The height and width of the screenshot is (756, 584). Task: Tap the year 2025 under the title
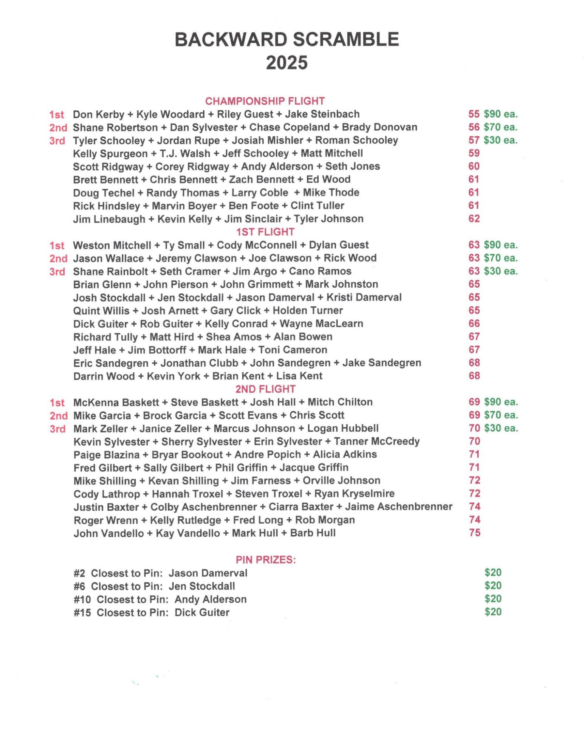(287, 63)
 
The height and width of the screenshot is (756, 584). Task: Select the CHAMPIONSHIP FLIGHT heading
(265, 101)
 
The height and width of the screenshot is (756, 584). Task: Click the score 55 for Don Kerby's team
(474, 114)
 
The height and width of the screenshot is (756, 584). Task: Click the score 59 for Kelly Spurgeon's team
(474, 153)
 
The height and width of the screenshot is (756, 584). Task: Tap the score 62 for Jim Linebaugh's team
(474, 218)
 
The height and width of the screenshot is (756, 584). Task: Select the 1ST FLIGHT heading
(265, 232)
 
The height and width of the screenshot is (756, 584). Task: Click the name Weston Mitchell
(112, 245)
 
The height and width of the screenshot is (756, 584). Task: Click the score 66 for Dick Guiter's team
(474, 324)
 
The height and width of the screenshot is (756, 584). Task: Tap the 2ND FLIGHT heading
(265, 389)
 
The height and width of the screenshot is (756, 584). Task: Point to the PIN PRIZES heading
(266, 559)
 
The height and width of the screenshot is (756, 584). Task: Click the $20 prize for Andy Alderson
(493, 599)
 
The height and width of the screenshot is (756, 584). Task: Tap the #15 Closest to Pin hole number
(82, 612)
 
